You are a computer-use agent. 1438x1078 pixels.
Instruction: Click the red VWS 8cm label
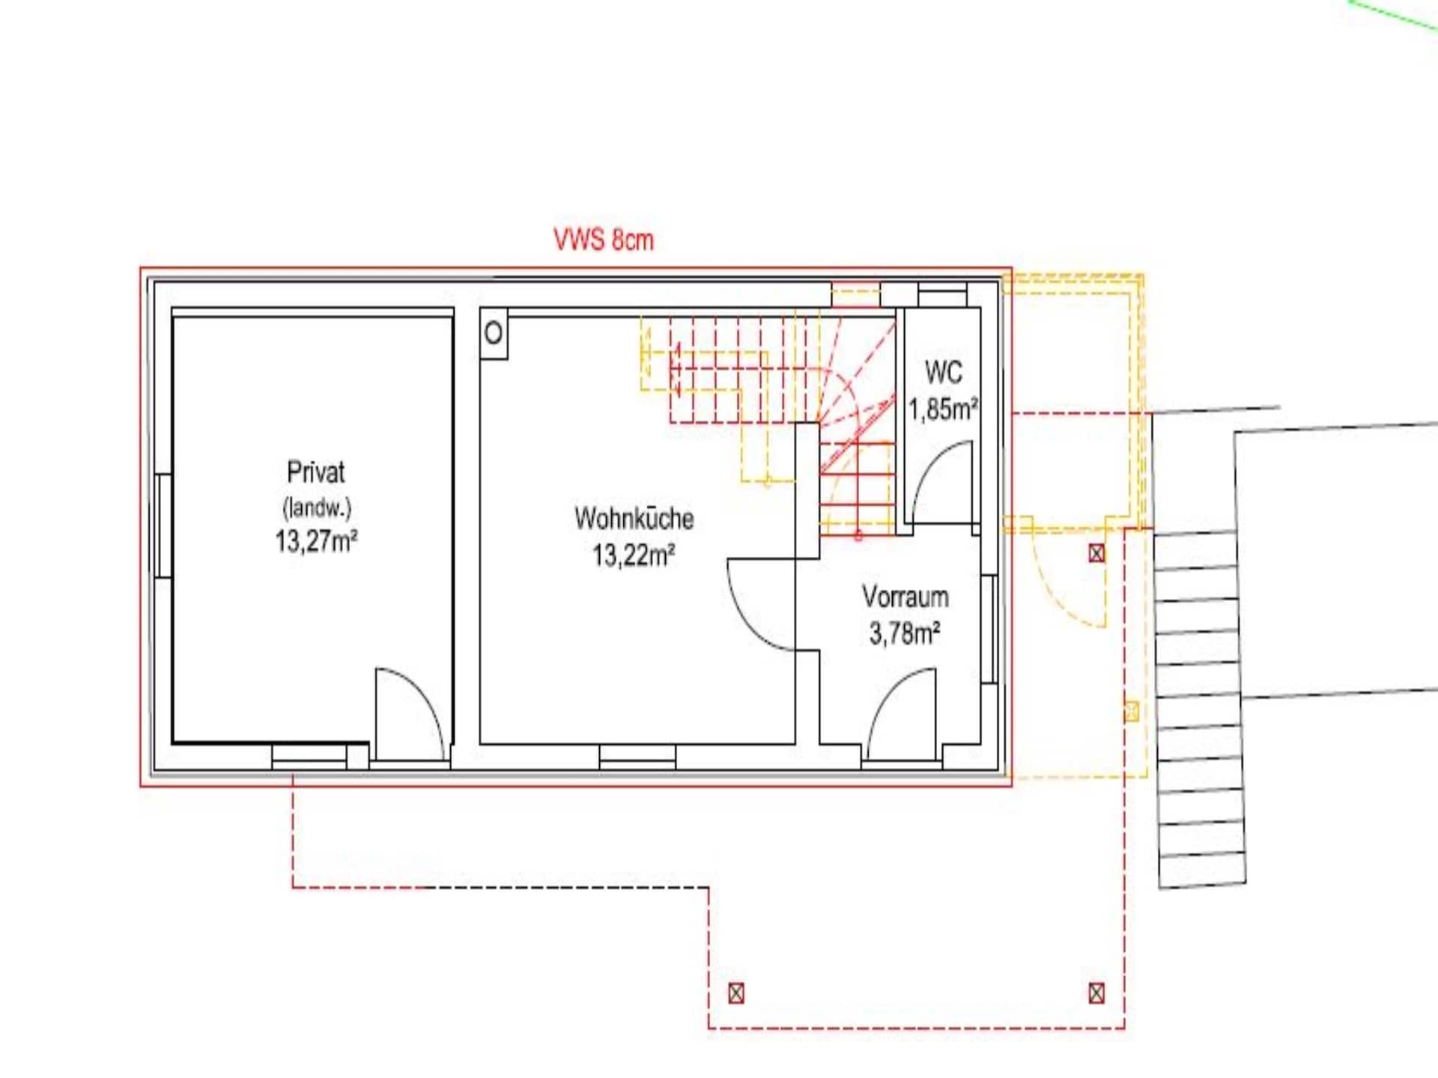pyautogui.click(x=604, y=240)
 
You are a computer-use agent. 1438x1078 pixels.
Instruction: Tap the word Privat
pyautogui.click(x=316, y=472)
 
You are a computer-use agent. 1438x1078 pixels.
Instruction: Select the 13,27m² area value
pyautogui.click(x=316, y=540)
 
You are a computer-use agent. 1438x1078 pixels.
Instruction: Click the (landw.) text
pyautogui.click(x=317, y=508)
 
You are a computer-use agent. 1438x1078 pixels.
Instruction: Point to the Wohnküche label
pyautogui.click(x=634, y=518)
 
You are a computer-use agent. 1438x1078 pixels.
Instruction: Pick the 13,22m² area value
pyautogui.click(x=634, y=555)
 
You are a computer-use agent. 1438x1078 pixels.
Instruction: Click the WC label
pyautogui.click(x=943, y=372)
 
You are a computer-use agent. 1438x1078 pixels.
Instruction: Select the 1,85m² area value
pyautogui.click(x=944, y=409)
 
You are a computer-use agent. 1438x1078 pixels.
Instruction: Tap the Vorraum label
pyautogui.click(x=905, y=597)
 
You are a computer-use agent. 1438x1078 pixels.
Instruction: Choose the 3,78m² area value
pyautogui.click(x=905, y=633)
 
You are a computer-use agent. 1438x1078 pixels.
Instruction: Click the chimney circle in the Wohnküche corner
pyautogui.click(x=494, y=333)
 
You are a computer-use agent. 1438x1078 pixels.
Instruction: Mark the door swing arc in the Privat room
pyautogui.click(x=427, y=692)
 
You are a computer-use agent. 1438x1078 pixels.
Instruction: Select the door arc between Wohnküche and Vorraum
pyautogui.click(x=745, y=621)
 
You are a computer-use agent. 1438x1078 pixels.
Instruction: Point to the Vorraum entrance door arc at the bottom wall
pyautogui.click(x=888, y=692)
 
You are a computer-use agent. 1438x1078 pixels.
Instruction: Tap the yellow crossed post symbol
pyautogui.click(x=1132, y=711)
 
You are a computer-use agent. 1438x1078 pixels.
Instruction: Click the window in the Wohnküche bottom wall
pyautogui.click(x=637, y=756)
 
